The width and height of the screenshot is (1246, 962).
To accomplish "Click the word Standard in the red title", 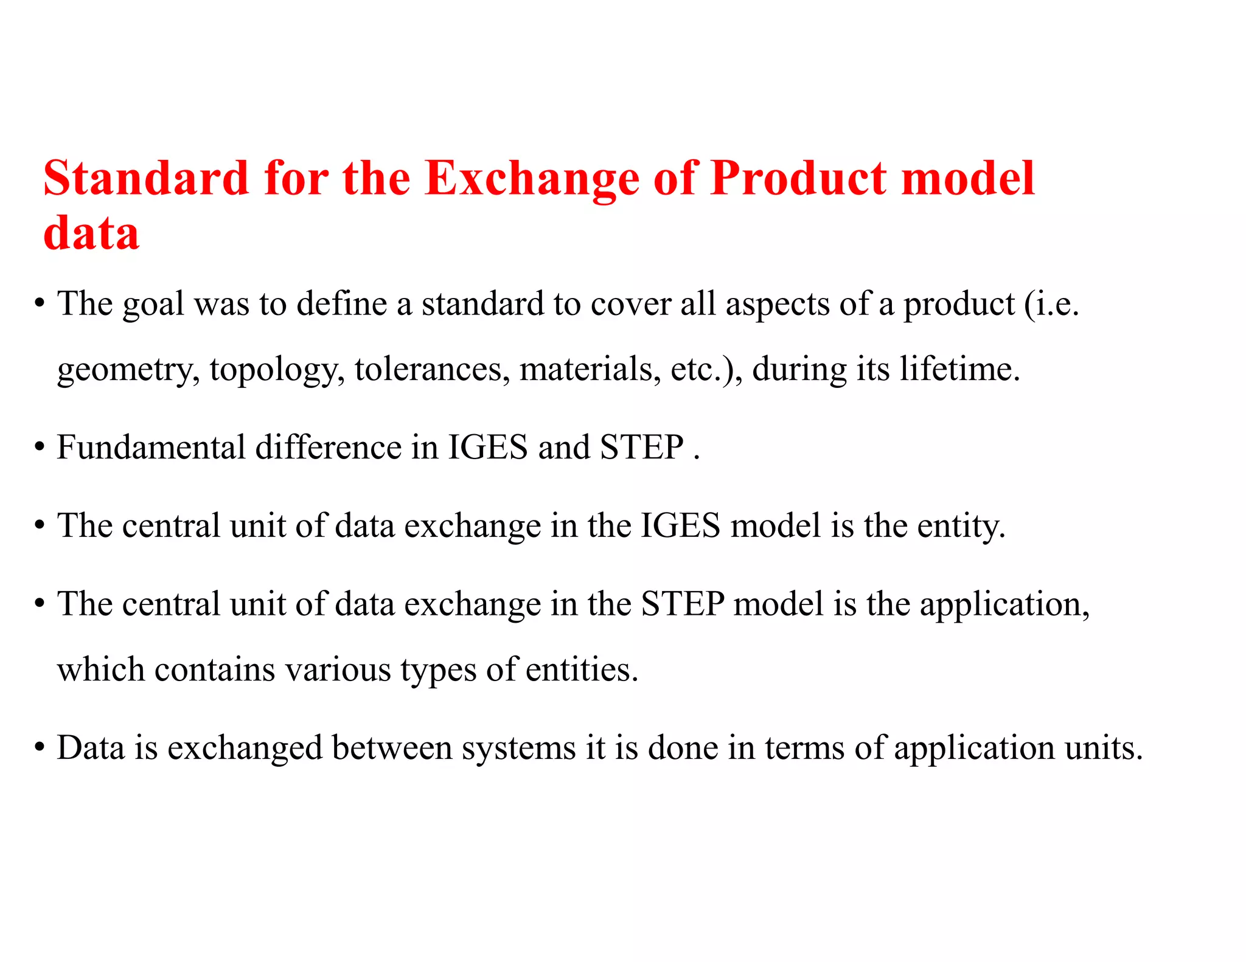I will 146,178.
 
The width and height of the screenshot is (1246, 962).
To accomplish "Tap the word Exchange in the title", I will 532,178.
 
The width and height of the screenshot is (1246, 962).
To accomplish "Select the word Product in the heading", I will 797,178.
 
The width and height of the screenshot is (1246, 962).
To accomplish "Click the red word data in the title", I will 91,233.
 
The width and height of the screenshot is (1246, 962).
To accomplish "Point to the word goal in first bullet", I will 153,304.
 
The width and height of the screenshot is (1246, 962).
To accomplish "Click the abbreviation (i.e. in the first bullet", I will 1051,304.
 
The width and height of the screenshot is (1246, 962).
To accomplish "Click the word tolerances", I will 432,369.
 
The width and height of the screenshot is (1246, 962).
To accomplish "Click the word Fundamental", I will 151,448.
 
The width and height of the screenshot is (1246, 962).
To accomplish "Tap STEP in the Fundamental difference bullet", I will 642,448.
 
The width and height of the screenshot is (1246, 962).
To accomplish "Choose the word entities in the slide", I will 581,670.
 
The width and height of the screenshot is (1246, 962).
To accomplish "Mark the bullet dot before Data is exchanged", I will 40,747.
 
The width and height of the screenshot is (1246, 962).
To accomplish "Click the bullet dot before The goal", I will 40,303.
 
